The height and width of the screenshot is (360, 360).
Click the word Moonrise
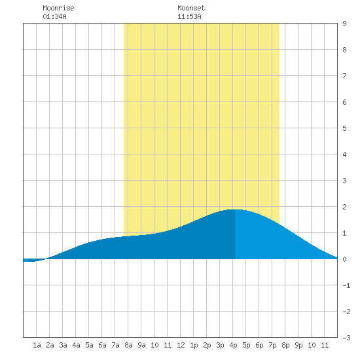coord(58,8)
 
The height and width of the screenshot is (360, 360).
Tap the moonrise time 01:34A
coord(54,16)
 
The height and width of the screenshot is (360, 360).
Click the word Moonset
coord(191,8)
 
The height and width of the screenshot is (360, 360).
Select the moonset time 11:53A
coord(189,16)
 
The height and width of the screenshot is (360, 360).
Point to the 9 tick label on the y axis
coord(344,24)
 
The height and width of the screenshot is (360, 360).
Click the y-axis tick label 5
coord(344,128)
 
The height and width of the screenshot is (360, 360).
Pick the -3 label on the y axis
coord(346,338)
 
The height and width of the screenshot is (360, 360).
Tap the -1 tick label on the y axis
coord(346,285)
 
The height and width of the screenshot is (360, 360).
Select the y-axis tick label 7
coord(344,76)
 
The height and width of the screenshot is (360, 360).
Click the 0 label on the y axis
coord(344,259)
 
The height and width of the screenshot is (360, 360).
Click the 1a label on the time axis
coord(37,345)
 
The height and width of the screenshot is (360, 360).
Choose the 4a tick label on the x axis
coord(76,345)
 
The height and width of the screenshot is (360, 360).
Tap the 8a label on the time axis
coord(128,345)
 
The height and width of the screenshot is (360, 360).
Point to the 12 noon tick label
coord(181,345)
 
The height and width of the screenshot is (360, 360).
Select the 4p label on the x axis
coord(233,345)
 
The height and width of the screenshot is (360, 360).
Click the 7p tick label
coord(272,345)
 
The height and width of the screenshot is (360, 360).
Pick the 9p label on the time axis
coord(298,345)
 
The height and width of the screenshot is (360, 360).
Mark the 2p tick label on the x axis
coord(207,345)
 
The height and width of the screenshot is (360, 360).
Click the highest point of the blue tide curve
coord(234,209)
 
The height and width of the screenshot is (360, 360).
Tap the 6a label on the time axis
coord(102,345)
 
